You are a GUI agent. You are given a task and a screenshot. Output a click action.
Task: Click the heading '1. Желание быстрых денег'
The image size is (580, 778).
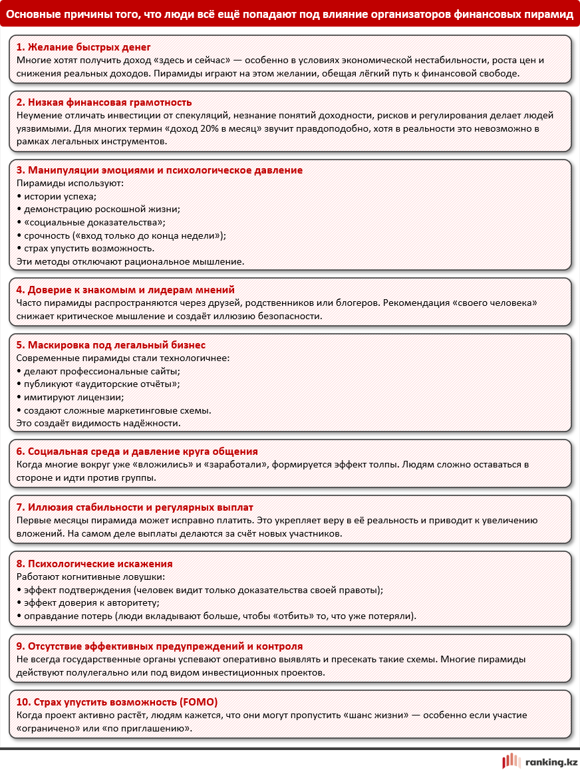(83, 48)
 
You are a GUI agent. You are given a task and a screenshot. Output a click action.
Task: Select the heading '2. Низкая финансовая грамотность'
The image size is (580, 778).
(104, 102)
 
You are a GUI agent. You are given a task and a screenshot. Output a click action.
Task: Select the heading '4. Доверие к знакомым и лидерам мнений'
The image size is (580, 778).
(125, 290)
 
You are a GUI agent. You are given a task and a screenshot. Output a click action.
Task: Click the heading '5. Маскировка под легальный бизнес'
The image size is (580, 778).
(110, 345)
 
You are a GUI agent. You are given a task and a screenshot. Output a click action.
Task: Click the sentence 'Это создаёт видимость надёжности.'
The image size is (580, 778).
(98, 423)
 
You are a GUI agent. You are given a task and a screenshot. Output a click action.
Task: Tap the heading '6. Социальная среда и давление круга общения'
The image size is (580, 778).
(136, 452)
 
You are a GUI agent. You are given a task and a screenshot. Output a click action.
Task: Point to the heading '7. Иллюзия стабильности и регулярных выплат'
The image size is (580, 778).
(134, 507)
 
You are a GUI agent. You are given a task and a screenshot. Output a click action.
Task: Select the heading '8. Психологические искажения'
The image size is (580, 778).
(94, 564)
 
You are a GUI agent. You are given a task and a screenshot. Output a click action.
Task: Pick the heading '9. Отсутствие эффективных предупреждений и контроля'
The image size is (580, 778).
(159, 646)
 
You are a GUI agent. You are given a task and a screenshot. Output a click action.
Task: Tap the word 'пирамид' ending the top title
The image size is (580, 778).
(551, 13)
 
